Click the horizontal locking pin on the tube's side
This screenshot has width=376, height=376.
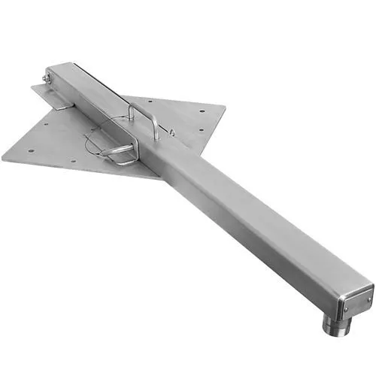tap(119, 151)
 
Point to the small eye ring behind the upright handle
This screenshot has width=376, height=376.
tap(171, 133)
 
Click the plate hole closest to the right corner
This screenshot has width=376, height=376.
tap(203, 115)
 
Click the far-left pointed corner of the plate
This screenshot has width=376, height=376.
tap(3, 156)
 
